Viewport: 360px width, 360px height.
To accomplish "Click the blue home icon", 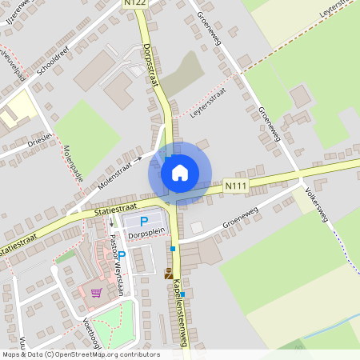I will point(180,172).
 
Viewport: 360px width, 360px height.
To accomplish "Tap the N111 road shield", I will point(235,186).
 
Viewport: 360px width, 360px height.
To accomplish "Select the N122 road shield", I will point(134,4).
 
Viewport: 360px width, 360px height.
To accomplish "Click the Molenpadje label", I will point(71,163).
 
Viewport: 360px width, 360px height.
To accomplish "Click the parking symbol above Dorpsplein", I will point(145,222).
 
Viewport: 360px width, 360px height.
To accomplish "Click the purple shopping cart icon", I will point(96,293).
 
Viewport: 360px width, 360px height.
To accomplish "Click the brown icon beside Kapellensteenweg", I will point(168,274).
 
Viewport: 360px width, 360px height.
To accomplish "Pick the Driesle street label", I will point(40,139).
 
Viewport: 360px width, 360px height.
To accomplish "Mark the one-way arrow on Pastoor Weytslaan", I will point(110,218).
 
